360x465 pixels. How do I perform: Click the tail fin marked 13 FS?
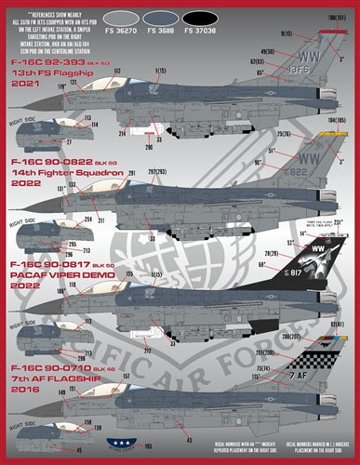tap(320, 60)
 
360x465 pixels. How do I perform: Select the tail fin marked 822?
tap(321, 166)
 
